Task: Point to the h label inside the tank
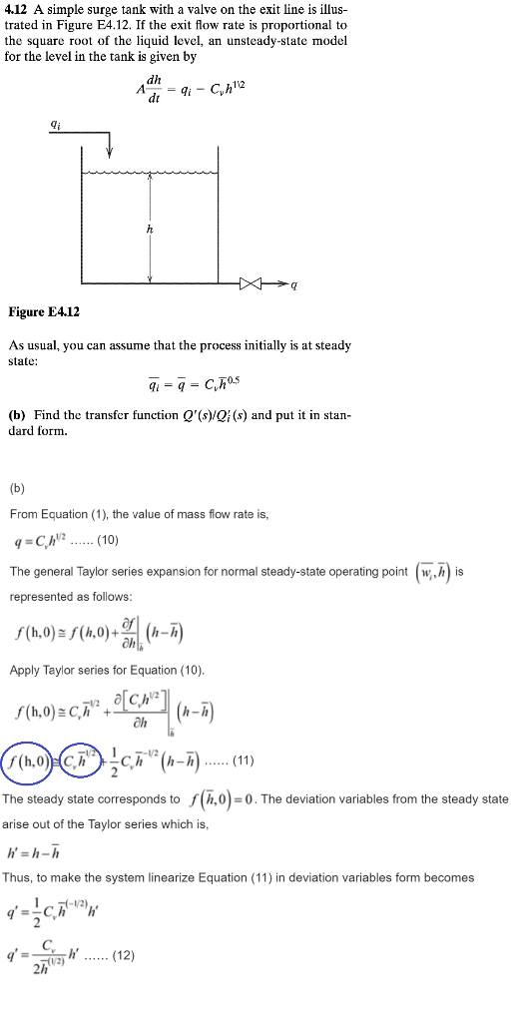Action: tap(150, 228)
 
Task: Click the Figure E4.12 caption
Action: tap(44, 312)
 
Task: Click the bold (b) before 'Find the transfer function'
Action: tap(17, 414)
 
